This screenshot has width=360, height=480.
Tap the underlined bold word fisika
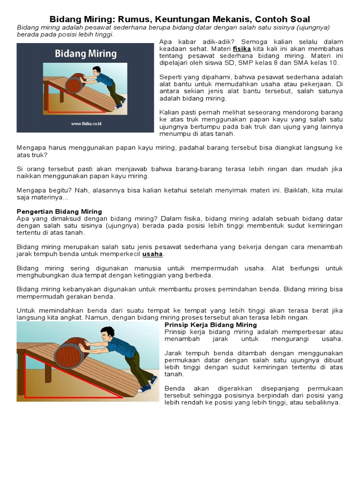point(242,49)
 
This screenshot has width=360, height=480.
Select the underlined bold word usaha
point(153,254)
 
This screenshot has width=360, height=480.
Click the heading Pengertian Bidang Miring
point(60,211)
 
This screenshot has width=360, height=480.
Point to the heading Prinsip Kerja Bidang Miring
point(211,324)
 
